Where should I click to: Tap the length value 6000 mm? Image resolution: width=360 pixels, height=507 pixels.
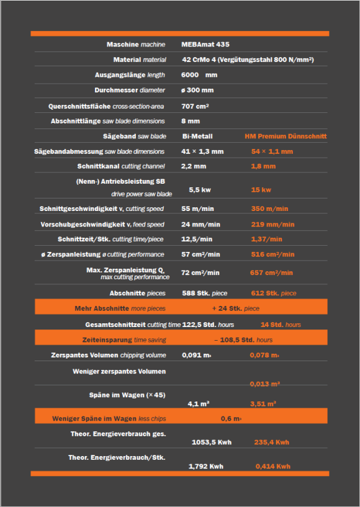199,75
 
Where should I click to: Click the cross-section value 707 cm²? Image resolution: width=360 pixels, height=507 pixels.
195,106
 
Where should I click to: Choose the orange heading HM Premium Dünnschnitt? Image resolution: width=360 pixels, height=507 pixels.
285,136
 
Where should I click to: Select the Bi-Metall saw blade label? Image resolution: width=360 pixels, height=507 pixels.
197,136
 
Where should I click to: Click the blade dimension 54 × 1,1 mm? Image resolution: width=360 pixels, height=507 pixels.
272,151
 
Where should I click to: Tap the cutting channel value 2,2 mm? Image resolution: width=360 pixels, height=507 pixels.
194,167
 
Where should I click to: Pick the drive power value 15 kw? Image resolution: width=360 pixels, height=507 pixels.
261,190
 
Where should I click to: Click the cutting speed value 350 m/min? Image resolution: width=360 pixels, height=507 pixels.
269,209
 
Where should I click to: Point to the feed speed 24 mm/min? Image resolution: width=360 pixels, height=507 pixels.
200,225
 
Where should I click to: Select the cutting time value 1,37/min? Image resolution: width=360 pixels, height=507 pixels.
266,240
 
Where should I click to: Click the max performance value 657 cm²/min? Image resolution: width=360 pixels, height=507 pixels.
272,273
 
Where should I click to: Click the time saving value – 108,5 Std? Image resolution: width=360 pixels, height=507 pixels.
243,340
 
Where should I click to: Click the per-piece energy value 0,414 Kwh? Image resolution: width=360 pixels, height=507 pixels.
272,467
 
